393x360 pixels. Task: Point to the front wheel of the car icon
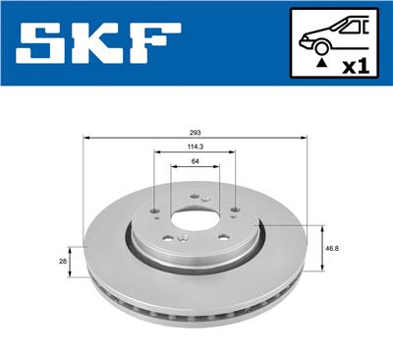(x=321, y=46)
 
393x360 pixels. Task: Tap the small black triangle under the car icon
(x=320, y=63)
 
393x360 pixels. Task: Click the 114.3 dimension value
(x=196, y=149)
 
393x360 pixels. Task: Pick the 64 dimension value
(x=196, y=163)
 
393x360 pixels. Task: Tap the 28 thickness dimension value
(x=63, y=261)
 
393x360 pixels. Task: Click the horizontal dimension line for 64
(x=196, y=170)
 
